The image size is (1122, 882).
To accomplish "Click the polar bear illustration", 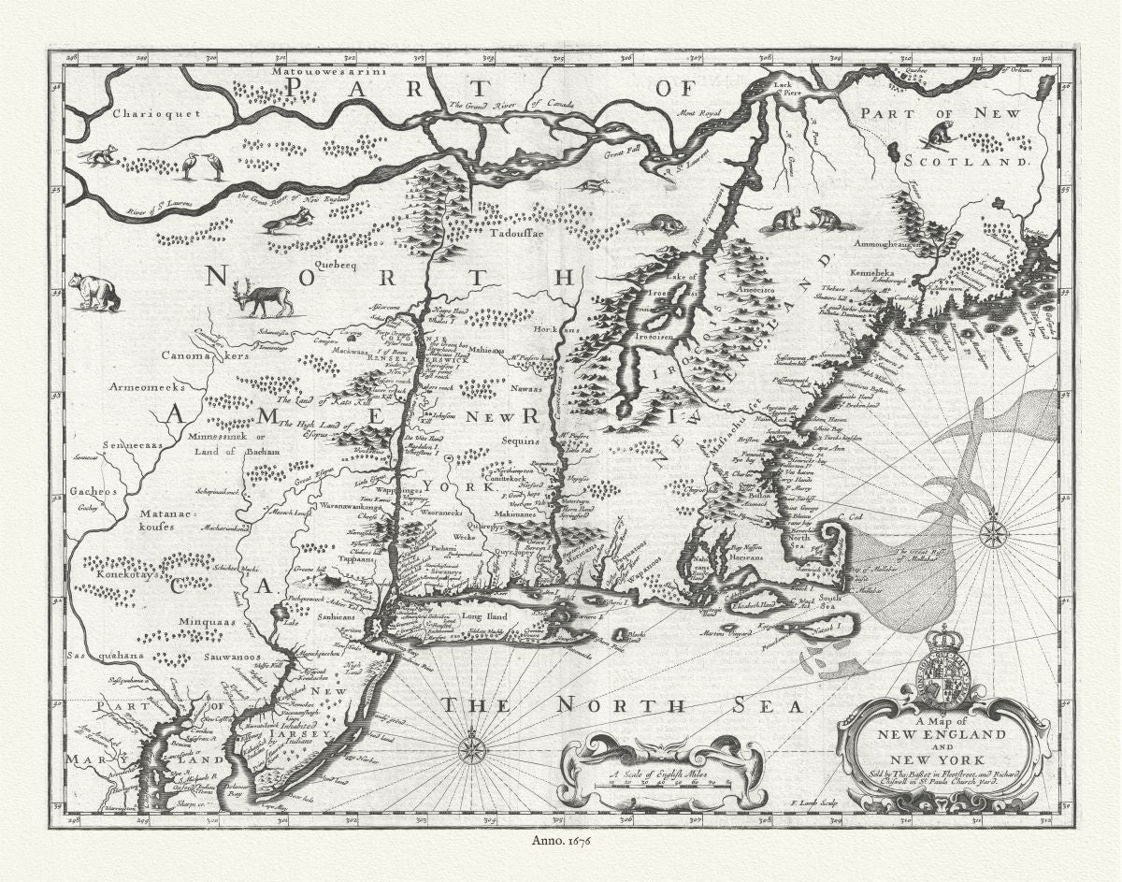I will point(95,292).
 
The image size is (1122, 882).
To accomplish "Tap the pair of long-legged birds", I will point(203,166).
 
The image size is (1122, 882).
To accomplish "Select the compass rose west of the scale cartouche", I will point(473,747).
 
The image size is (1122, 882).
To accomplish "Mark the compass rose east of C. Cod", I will point(993,535).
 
